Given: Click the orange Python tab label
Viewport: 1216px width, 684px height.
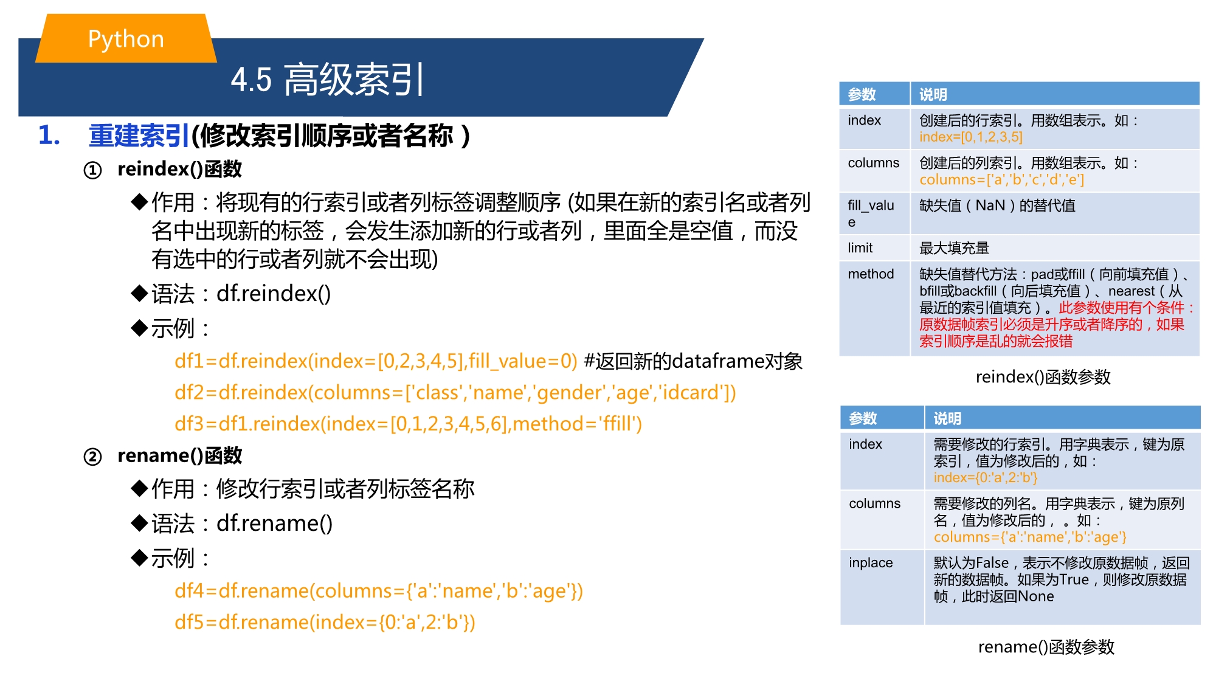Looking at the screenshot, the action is click(x=126, y=38).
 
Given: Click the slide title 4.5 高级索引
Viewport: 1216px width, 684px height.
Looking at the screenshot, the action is click(x=327, y=80).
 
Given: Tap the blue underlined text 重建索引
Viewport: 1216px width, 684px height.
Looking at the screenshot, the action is click(x=139, y=136).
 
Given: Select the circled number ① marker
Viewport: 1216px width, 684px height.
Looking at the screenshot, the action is click(x=92, y=170).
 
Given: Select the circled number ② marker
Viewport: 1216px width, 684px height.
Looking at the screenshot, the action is click(x=92, y=457).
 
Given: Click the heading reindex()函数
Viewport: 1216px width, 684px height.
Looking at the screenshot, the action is click(x=179, y=169).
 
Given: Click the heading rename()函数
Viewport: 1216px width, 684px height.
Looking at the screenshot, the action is click(x=179, y=455).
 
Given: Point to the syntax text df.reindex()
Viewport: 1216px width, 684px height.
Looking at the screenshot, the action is click(x=274, y=294).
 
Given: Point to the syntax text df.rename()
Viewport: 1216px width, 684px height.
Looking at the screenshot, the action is click(x=274, y=523).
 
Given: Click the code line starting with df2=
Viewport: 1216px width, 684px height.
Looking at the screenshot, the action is click(x=455, y=393).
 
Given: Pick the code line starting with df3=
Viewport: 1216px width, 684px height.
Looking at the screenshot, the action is click(x=408, y=424).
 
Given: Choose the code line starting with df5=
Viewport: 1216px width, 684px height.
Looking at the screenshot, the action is click(x=325, y=623).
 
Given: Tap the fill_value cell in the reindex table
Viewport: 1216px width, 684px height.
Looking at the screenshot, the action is click(x=874, y=213).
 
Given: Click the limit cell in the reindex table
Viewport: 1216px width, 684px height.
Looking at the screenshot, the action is click(x=874, y=247).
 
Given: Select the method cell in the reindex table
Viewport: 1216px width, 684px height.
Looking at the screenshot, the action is click(x=874, y=308).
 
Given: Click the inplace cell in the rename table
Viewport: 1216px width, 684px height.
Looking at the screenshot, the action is click(x=882, y=587).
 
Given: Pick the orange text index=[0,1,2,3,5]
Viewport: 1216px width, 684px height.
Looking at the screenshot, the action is click(x=971, y=137).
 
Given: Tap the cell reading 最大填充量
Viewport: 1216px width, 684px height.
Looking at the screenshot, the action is click(x=954, y=248).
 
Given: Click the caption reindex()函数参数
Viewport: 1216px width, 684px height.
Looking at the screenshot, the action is click(x=1043, y=377).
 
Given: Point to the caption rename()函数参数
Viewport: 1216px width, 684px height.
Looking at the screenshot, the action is click(x=1046, y=647).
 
